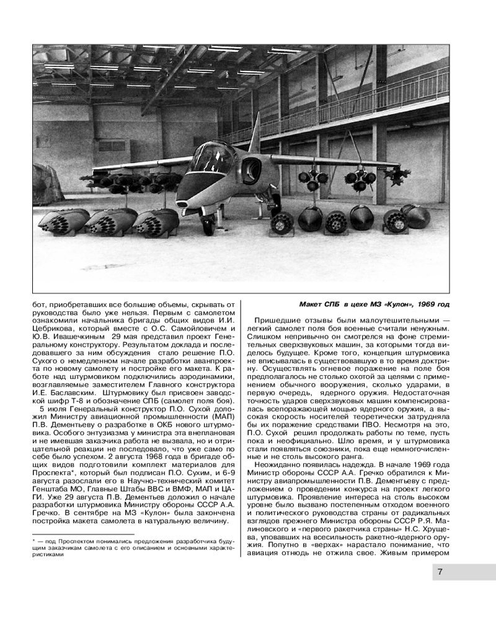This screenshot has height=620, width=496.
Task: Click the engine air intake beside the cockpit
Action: pos(251,168)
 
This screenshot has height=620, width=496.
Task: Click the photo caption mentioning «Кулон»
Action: pos(374,304)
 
